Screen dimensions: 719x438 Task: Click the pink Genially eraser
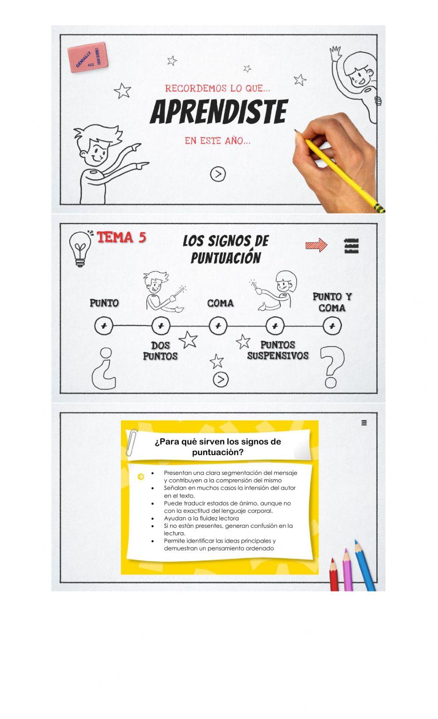pyautogui.click(x=87, y=57)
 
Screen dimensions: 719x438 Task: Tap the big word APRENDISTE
pyautogui.click(x=219, y=112)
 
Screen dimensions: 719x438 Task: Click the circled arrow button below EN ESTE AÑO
pyautogui.click(x=218, y=174)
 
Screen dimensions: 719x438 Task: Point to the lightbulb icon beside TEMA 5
pyautogui.click(x=80, y=248)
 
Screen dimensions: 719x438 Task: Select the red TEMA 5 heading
pyautogui.click(x=121, y=237)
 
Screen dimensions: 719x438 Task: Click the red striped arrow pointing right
pyautogui.click(x=317, y=245)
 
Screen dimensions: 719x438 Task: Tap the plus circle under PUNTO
pyautogui.click(x=104, y=326)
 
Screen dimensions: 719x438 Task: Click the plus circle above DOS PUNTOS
pyautogui.click(x=161, y=326)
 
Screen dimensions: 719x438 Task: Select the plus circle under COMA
pyautogui.click(x=218, y=326)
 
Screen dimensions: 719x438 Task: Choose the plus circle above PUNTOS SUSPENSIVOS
pyautogui.click(x=275, y=326)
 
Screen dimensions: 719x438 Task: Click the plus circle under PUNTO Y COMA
pyautogui.click(x=332, y=326)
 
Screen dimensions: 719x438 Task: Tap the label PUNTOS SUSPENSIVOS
pyautogui.click(x=278, y=351)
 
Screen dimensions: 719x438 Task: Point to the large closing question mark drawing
pyautogui.click(x=331, y=367)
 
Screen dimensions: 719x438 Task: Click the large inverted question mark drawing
pyautogui.click(x=104, y=368)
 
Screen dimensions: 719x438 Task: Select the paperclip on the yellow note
pyautogui.click(x=131, y=442)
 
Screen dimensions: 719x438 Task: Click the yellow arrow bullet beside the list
pyautogui.click(x=141, y=477)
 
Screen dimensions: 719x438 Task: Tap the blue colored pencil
pyautogui.click(x=365, y=565)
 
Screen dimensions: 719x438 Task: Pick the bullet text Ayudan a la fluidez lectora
pyautogui.click(x=201, y=518)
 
